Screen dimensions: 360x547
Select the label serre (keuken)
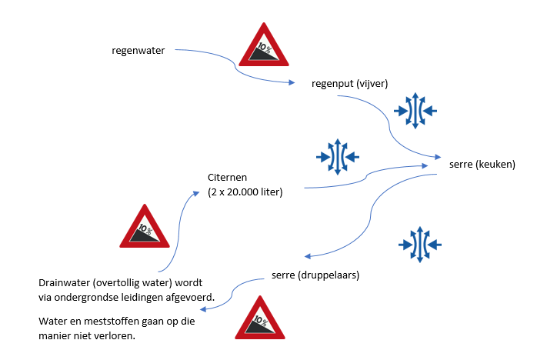coord(482,164)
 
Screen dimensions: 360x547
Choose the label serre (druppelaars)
coord(315,275)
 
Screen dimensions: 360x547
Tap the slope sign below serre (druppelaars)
coord(259,318)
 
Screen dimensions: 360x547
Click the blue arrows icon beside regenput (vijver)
coord(415,111)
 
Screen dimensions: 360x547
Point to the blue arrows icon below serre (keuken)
coord(419,245)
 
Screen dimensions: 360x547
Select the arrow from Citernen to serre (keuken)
coord(365,175)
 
